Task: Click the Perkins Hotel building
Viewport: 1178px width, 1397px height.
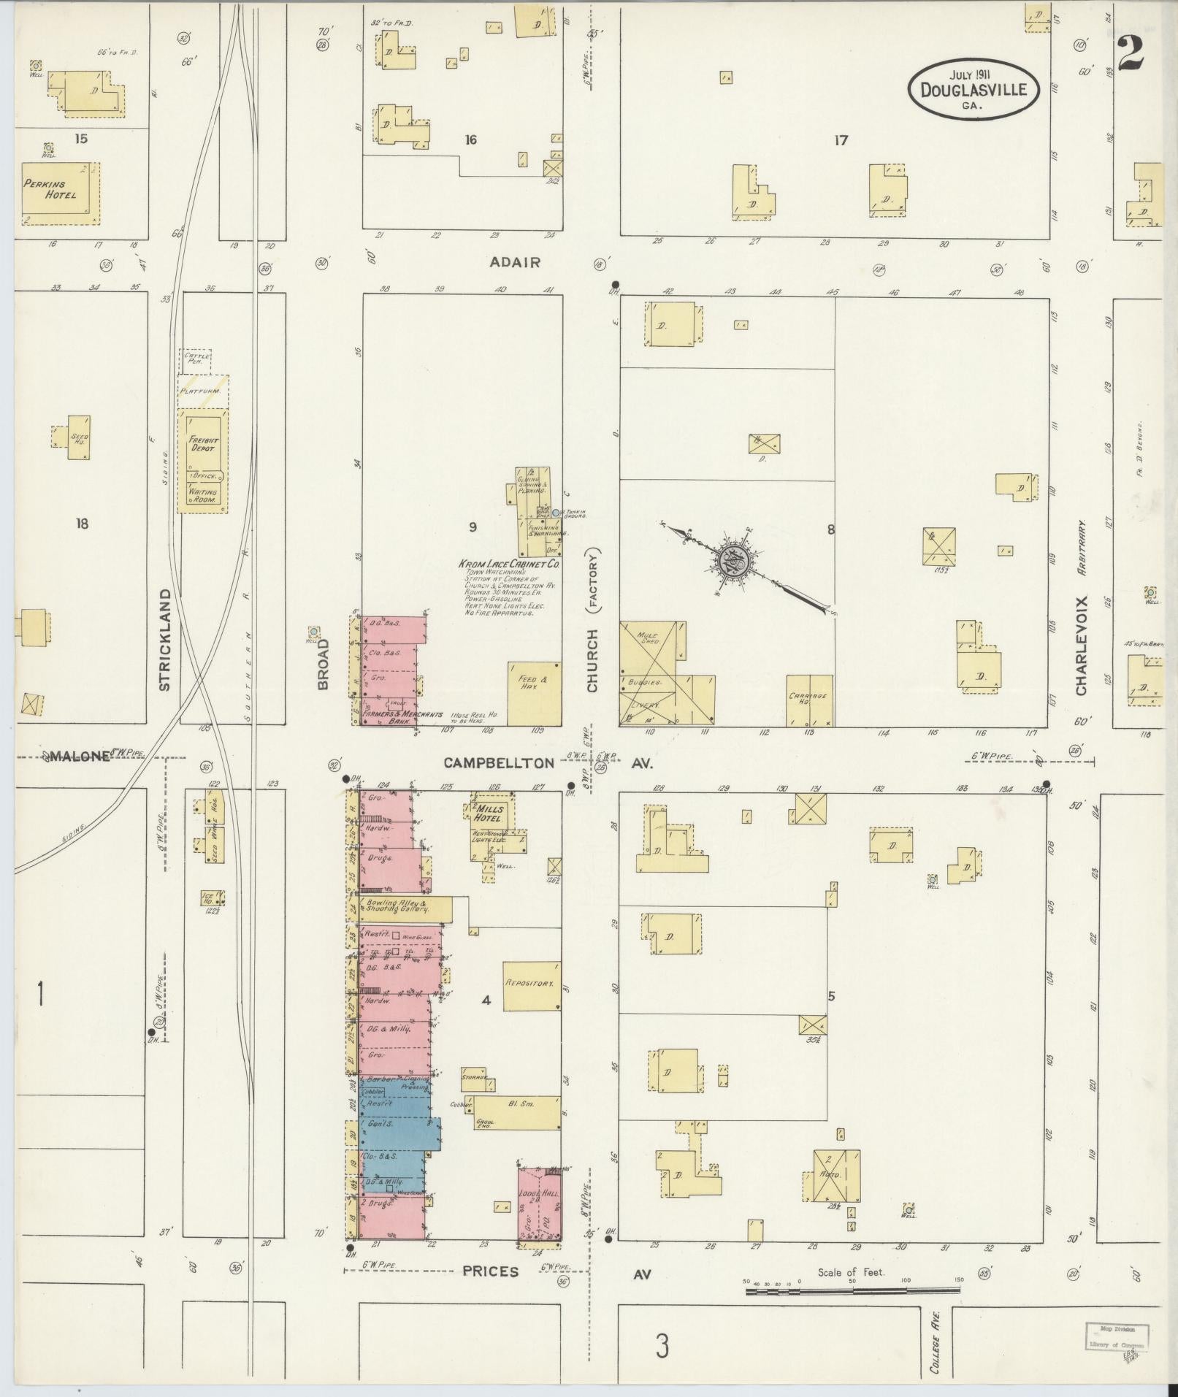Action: pyautogui.click(x=60, y=193)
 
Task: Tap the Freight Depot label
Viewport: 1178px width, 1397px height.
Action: pyautogui.click(x=202, y=444)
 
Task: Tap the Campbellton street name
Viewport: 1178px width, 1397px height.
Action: pyautogui.click(x=500, y=763)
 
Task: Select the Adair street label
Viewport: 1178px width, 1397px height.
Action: pyautogui.click(x=516, y=261)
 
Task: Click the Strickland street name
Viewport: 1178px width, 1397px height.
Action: pyautogui.click(x=164, y=640)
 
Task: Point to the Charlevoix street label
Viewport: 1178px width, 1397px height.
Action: pyautogui.click(x=1081, y=646)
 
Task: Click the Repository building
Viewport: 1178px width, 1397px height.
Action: pyautogui.click(x=532, y=984)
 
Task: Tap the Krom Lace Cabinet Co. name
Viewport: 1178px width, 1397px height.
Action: pyautogui.click(x=509, y=564)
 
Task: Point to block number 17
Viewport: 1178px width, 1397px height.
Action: pyautogui.click(x=841, y=140)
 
